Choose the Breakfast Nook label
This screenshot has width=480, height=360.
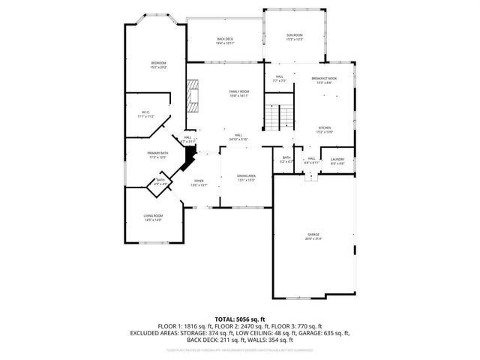click(x=324, y=79)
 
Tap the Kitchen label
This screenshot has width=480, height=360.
click(x=324, y=129)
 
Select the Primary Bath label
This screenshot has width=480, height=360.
click(x=157, y=154)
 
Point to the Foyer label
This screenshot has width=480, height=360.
click(x=199, y=182)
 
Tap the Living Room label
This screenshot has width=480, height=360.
click(x=153, y=217)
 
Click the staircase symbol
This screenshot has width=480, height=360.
click(x=280, y=117)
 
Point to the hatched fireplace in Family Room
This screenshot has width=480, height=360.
click(x=194, y=97)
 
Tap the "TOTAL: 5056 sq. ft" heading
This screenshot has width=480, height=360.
click(x=239, y=319)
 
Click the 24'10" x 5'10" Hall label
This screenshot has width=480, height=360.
click(x=238, y=136)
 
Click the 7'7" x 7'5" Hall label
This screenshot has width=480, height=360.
click(x=278, y=78)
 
